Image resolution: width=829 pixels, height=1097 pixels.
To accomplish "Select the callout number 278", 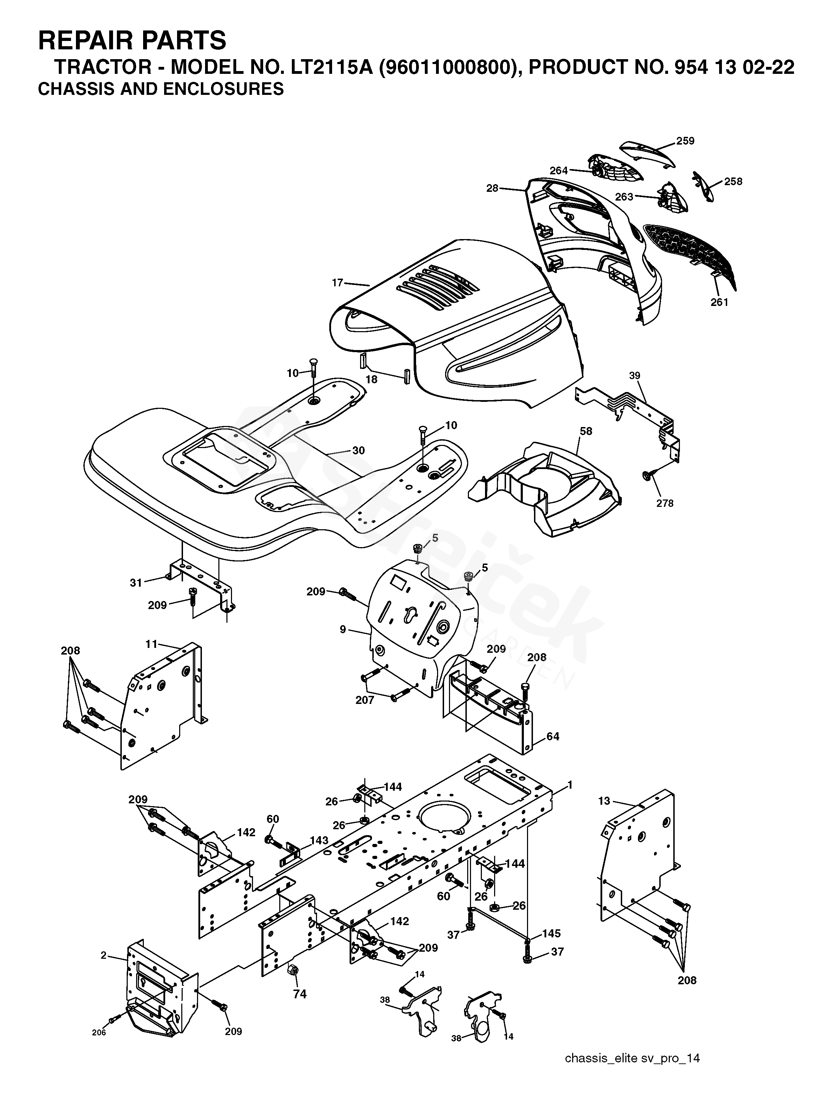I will pyautogui.click(x=665, y=503).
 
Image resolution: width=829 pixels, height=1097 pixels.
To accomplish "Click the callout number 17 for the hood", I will pyautogui.click(x=337, y=283).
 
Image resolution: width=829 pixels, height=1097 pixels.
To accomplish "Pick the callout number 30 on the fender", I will pyautogui.click(x=358, y=450).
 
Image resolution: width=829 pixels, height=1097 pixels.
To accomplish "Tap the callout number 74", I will pyautogui.click(x=300, y=994).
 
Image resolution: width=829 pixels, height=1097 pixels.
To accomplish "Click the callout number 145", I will pyautogui.click(x=552, y=933).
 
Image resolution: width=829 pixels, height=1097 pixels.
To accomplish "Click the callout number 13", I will pyautogui.click(x=604, y=801).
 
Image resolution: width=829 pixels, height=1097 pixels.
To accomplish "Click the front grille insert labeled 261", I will pyautogui.click(x=689, y=253).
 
